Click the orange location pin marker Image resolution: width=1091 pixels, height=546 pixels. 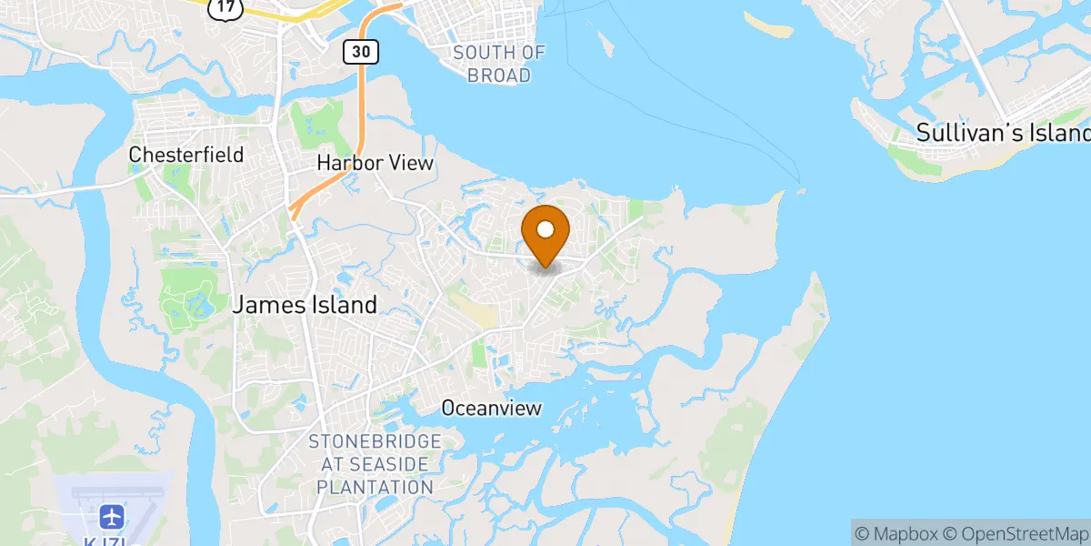pyautogui.click(x=546, y=232)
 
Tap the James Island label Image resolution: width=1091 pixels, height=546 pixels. pyautogui.click(x=305, y=305)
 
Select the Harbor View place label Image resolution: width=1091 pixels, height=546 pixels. pyautogui.click(x=375, y=163)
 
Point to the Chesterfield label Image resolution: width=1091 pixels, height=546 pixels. pyautogui.click(x=186, y=155)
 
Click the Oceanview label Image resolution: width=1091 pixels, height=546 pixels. pyautogui.click(x=491, y=409)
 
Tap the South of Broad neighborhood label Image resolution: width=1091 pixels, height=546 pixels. pyautogui.click(x=499, y=64)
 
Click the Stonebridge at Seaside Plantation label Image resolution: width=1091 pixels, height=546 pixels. pyautogui.click(x=375, y=464)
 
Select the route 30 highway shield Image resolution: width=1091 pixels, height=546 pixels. pyautogui.click(x=361, y=52)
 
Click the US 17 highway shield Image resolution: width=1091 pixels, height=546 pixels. pyautogui.click(x=224, y=8)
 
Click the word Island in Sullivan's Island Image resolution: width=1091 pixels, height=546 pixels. pyautogui.click(x=1055, y=132)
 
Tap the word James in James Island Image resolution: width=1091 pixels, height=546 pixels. pyautogui.click(x=266, y=305)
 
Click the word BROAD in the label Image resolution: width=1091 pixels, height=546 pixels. pyautogui.click(x=499, y=76)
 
